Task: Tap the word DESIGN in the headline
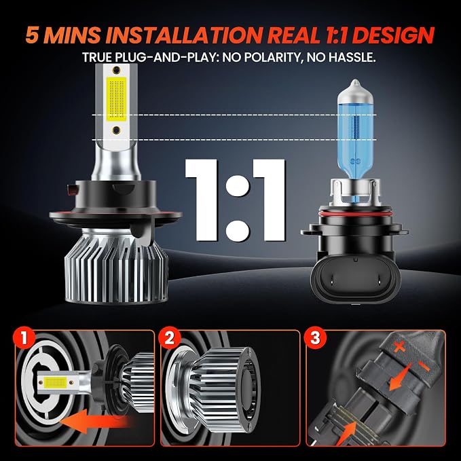click(x=393, y=35)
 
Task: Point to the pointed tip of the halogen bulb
click(x=355, y=80)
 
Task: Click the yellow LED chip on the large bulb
click(x=117, y=100)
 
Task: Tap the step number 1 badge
click(x=24, y=338)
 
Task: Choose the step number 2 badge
click(x=169, y=338)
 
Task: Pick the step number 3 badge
click(x=315, y=338)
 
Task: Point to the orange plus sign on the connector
click(x=399, y=348)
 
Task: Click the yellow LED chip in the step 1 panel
click(x=55, y=382)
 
